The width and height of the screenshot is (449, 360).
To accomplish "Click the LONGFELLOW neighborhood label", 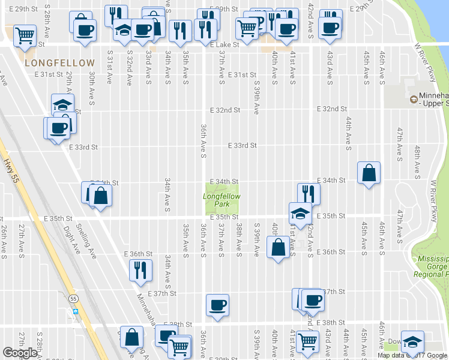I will tap(59, 63).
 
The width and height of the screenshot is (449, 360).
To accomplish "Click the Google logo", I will tap(20, 353).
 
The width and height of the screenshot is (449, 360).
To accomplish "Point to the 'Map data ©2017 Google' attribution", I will tap(412, 355).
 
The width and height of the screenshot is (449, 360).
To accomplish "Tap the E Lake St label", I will tap(224, 44).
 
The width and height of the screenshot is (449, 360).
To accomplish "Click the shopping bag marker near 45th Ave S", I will tap(369, 173).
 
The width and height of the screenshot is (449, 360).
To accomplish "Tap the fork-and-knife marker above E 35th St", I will tap(309, 194).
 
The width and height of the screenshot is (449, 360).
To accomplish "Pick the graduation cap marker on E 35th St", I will tap(299, 212).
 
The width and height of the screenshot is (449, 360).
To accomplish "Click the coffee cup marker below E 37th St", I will tap(217, 305).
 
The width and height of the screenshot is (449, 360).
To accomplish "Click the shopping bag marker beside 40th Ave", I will tap(278, 247).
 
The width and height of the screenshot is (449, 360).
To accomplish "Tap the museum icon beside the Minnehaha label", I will tap(412, 100).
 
